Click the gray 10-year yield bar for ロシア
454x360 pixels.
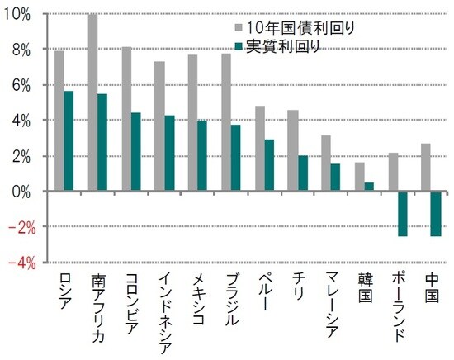(59, 121)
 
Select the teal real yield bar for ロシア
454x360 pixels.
(69, 140)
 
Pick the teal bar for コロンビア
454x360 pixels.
(135, 152)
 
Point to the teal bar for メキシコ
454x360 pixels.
(201, 156)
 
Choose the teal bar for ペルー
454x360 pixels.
(268, 165)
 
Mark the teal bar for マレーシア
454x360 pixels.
(335, 177)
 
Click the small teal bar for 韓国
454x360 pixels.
(368, 187)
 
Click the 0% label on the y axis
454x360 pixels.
(23, 191)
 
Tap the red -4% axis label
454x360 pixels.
(20, 263)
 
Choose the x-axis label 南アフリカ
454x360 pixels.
(97, 306)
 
